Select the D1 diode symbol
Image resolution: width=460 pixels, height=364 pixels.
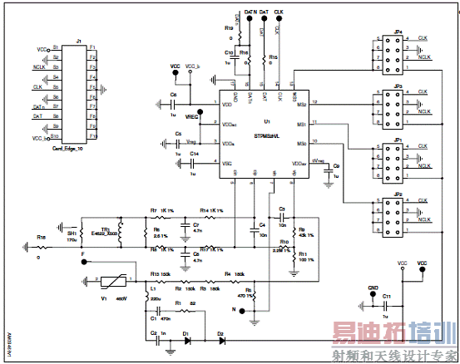[x=187, y=340]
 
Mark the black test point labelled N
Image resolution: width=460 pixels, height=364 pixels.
[x=242, y=311]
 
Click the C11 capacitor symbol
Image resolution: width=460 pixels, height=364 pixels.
[x=385, y=306]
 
